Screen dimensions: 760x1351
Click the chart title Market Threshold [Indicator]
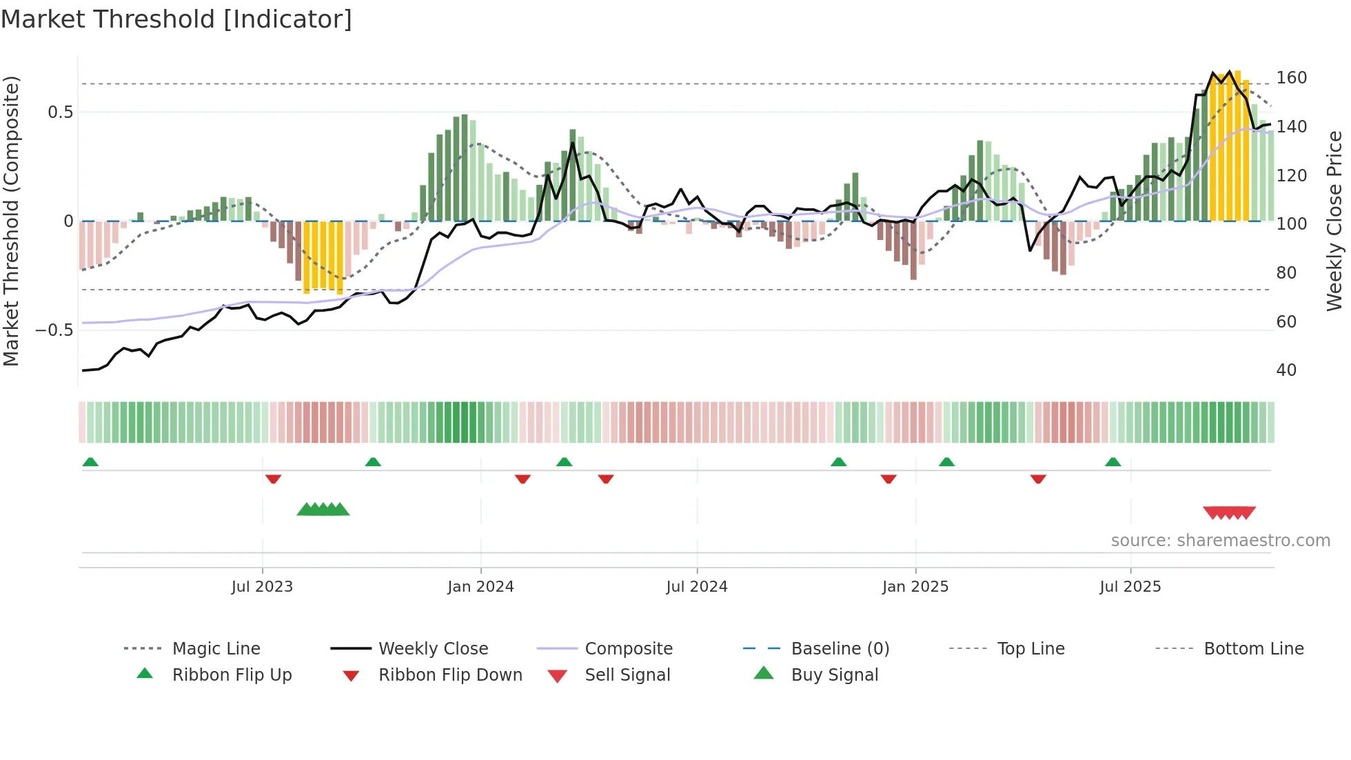click(x=176, y=19)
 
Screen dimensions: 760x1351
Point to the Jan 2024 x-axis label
click(x=480, y=586)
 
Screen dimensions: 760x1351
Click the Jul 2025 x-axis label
click(x=1130, y=586)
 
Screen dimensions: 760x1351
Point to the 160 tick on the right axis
click(x=1291, y=78)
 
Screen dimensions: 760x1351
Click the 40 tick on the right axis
click(x=1286, y=370)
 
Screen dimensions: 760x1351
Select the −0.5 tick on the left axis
click(x=54, y=330)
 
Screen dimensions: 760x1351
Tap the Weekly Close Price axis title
click(x=1334, y=221)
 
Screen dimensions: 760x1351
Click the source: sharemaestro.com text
click(x=1220, y=541)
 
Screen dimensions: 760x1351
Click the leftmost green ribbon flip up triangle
click(x=90, y=462)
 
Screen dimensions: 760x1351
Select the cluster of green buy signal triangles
click(x=323, y=510)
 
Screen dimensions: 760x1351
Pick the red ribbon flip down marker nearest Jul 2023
click(x=273, y=479)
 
